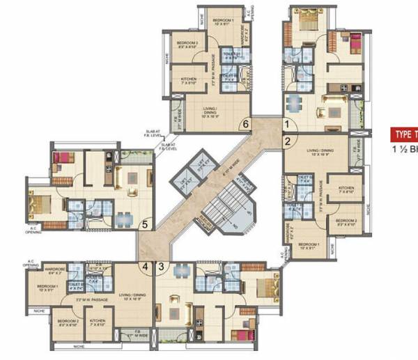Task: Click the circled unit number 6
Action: pyautogui.click(x=244, y=125)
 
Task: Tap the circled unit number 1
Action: pyautogui.click(x=285, y=125)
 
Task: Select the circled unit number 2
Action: pyautogui.click(x=286, y=141)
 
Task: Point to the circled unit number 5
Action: pyautogui.click(x=144, y=224)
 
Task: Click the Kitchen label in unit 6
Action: pyautogui.click(x=187, y=81)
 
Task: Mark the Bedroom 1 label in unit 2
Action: pyautogui.click(x=311, y=247)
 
